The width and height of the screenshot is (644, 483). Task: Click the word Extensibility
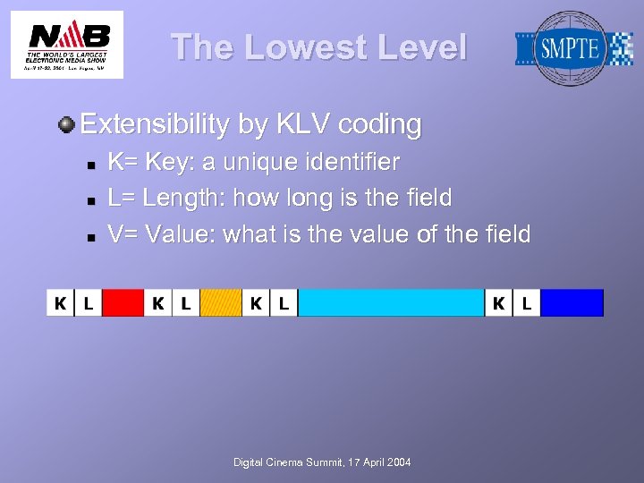coord(155,124)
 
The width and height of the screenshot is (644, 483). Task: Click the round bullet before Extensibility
coord(67,124)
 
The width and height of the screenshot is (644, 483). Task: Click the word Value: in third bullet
coord(181,234)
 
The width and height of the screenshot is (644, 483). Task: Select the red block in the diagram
coord(123,303)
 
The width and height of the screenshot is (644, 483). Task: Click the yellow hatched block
coord(220,303)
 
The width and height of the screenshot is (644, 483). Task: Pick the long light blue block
coord(390,303)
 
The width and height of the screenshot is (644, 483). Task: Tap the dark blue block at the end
coord(572,303)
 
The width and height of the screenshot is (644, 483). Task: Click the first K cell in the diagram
coord(60,303)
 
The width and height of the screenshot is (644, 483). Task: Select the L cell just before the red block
coord(88,303)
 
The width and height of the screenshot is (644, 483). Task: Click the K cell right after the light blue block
coord(498,303)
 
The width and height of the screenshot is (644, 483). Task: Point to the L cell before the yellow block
coord(185,303)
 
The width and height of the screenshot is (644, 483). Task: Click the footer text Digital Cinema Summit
coord(322,462)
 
